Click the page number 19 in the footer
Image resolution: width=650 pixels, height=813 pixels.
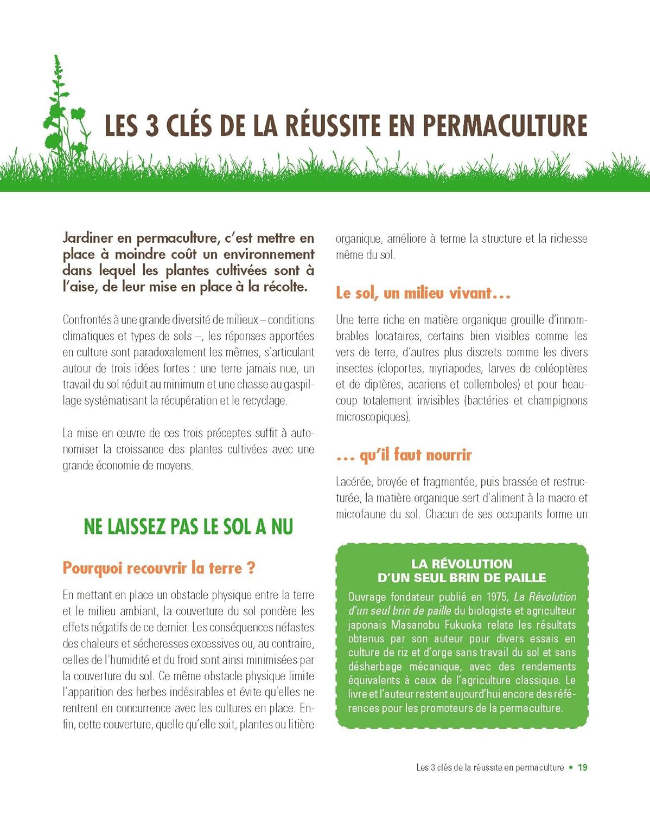click(x=582, y=767)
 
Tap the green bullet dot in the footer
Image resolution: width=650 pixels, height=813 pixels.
click(x=571, y=767)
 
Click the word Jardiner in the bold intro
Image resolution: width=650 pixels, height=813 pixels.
click(x=87, y=238)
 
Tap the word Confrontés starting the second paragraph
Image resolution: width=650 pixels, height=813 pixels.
click(x=87, y=320)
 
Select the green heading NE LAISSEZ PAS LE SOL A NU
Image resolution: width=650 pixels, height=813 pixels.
click(x=188, y=526)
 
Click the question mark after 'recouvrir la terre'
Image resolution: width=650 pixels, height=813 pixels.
click(x=251, y=568)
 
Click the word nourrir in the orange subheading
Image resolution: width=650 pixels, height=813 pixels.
click(x=449, y=455)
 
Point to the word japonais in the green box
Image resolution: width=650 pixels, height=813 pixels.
click(x=367, y=625)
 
